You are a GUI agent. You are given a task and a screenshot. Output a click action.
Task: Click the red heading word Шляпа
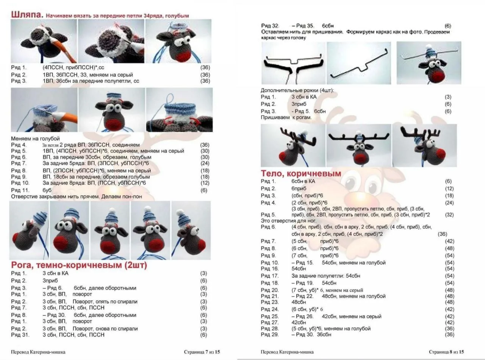pos(26,15)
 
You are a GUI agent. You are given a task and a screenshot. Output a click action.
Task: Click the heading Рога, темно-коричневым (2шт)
pos(79,265)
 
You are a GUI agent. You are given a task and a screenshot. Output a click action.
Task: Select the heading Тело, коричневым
pos(301,173)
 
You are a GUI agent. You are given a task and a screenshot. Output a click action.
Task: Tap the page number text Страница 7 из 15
pos(202,352)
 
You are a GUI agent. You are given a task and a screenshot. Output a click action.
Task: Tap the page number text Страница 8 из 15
pos(446,352)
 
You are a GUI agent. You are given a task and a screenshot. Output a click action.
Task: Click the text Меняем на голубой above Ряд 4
pos(35,139)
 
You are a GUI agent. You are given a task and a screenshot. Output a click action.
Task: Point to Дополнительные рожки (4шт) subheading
pos(294,90)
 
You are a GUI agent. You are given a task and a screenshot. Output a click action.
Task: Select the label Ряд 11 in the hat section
pos(20,190)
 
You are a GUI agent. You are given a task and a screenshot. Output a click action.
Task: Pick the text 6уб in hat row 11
pos(47,190)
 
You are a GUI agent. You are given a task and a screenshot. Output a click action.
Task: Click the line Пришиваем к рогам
pos(286,117)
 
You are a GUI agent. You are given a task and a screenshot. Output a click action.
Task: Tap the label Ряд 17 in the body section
pos(270,276)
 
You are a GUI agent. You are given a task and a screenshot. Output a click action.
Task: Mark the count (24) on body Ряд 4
pos(448,203)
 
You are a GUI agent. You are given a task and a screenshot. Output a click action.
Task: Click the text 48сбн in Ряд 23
pos(299,302)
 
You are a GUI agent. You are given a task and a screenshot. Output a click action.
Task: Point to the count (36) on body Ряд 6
pos(442,234)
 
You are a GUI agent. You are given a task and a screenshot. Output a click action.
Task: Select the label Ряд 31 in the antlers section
pos(20,335)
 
